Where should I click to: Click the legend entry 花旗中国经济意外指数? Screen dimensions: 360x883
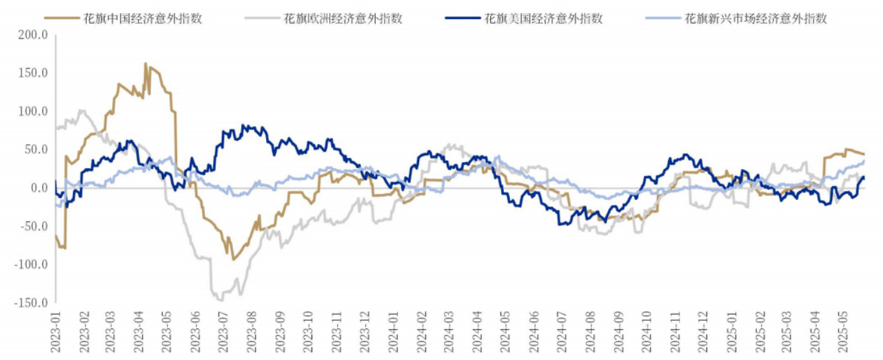[x=143, y=19]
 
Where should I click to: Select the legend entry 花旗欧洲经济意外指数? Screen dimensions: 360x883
[x=343, y=19]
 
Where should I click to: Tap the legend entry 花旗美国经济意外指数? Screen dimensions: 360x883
[x=543, y=19]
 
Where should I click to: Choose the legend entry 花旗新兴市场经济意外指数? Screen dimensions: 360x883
[x=755, y=19]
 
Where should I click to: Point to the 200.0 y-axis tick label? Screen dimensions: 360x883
[x=33, y=34]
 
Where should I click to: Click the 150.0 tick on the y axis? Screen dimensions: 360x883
[x=33, y=72]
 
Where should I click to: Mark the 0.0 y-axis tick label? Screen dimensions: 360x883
[x=39, y=188]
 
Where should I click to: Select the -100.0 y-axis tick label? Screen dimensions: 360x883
[x=30, y=264]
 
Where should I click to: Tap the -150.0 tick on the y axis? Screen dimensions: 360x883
[x=30, y=302]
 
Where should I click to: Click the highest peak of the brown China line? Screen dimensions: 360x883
[x=145, y=63]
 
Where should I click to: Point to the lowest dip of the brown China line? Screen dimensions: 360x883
[x=234, y=259]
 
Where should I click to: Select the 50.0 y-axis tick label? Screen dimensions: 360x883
[x=36, y=149]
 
